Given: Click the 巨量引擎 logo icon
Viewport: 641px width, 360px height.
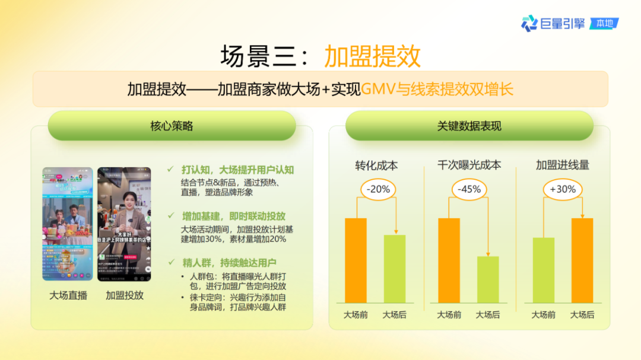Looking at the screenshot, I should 529,23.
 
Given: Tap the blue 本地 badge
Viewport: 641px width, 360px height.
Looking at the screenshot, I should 604,24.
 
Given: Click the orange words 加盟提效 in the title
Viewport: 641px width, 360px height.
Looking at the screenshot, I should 372,56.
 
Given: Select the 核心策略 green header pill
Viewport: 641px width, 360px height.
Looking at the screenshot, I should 172,126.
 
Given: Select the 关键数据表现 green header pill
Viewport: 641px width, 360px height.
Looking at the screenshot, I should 469,126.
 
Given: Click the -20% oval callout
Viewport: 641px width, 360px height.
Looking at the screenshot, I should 378,189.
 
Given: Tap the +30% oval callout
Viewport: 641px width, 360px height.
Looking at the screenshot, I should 563,189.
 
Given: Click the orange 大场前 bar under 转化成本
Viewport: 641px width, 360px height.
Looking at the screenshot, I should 356,261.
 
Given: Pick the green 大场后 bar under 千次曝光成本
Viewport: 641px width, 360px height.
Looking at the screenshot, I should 488,280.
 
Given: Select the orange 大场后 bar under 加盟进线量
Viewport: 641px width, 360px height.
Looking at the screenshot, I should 582,261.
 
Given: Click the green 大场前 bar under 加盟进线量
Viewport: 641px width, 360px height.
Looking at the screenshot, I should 544,270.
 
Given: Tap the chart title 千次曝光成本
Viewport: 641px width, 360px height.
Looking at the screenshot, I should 469,165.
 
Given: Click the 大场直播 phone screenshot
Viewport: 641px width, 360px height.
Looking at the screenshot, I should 67,224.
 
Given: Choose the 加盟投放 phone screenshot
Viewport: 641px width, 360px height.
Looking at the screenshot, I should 124,224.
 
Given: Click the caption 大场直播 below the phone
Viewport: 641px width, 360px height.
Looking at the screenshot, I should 68,295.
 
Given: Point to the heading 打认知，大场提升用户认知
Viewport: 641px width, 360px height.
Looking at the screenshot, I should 237,170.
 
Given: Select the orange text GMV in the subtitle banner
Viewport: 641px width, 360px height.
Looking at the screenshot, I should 379,90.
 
